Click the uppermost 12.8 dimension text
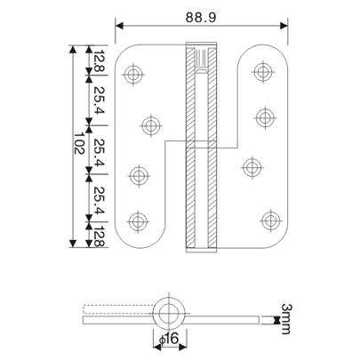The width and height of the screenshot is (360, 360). (97, 61)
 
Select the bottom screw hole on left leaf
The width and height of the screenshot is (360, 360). (137, 220)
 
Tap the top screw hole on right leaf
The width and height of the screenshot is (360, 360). (262, 70)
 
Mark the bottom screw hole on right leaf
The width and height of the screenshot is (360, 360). (270, 217)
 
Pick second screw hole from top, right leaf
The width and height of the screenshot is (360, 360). (262, 116)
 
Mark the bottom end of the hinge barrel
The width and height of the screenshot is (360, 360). (200, 246)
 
